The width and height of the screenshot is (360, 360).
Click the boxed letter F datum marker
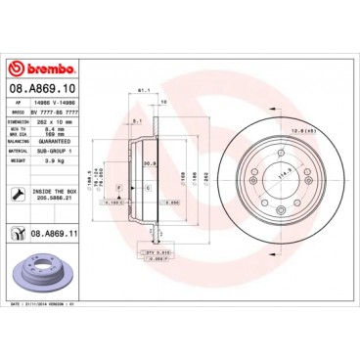(118, 186)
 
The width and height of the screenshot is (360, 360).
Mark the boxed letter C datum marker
(147, 186)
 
